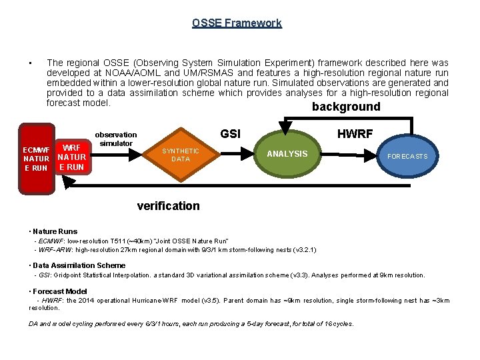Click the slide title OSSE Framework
tap(237, 23)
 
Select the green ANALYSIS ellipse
tap(287, 154)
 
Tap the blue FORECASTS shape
tap(407, 156)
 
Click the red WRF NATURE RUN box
tap(71, 157)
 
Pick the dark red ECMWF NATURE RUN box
tap(35, 159)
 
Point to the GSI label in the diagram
tap(230, 134)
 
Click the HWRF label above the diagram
tap(355, 134)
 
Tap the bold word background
tap(346, 107)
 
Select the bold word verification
tap(168, 206)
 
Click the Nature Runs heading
tap(55, 231)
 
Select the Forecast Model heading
tap(60, 291)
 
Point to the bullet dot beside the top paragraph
tap(31, 63)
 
